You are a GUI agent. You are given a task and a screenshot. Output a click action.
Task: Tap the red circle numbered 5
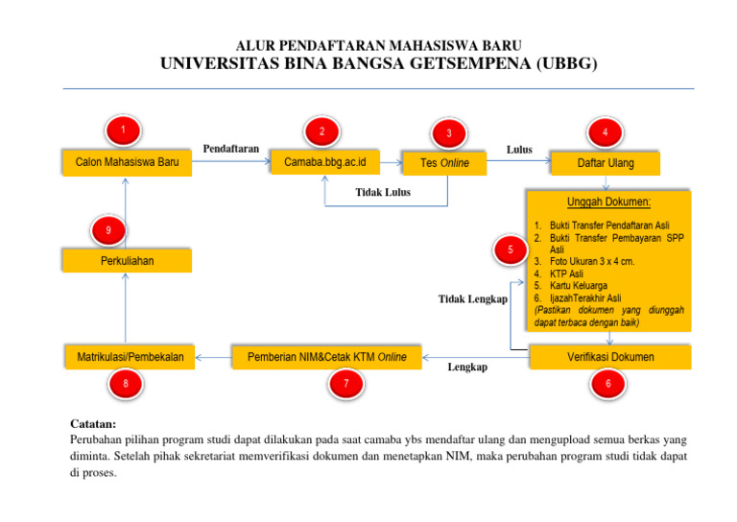click(x=511, y=250)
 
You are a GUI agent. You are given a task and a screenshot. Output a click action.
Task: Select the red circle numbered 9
click(x=108, y=229)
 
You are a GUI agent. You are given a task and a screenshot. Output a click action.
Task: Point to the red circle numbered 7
click(x=345, y=384)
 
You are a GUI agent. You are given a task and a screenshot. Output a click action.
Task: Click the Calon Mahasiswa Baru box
click(x=127, y=163)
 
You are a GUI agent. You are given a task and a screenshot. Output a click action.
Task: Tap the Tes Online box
click(x=444, y=164)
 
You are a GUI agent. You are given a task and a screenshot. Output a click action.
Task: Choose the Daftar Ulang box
click(x=605, y=164)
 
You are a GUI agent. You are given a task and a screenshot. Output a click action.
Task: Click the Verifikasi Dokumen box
click(x=606, y=357)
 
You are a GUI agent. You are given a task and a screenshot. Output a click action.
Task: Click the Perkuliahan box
click(x=127, y=261)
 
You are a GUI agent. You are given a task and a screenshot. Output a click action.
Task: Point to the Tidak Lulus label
click(x=383, y=192)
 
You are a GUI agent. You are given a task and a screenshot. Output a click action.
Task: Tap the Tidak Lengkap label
click(x=472, y=299)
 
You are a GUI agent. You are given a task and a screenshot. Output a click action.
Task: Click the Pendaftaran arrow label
click(x=230, y=149)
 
